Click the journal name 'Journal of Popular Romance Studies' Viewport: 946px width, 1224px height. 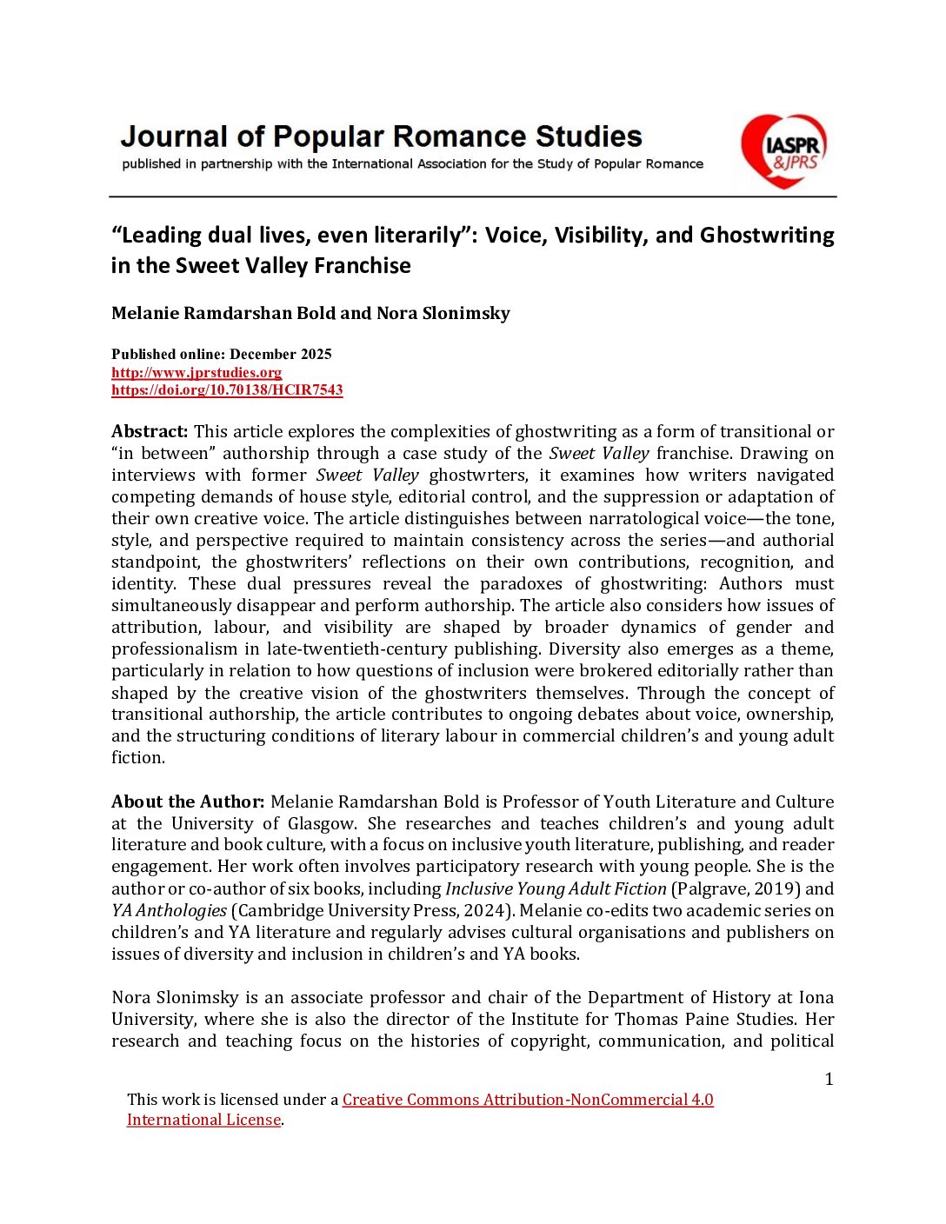pyautogui.click(x=381, y=136)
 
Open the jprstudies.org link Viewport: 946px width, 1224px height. pyautogui.click(x=197, y=372)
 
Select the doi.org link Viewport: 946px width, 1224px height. pyautogui.click(x=227, y=389)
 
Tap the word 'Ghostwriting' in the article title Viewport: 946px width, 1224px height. pyautogui.click(x=767, y=236)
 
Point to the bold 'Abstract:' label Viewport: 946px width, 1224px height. pyautogui.click(x=150, y=431)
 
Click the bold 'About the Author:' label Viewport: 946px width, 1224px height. pyautogui.click(x=188, y=802)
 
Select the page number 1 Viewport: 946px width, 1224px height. pyautogui.click(x=829, y=1079)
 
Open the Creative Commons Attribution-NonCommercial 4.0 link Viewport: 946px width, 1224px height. pyautogui.click(x=528, y=1100)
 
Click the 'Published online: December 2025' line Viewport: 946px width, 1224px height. pyautogui.click(x=222, y=354)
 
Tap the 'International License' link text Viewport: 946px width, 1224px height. pyautogui.click(x=203, y=1120)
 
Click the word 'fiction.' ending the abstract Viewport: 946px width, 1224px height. pyautogui.click(x=137, y=757)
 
